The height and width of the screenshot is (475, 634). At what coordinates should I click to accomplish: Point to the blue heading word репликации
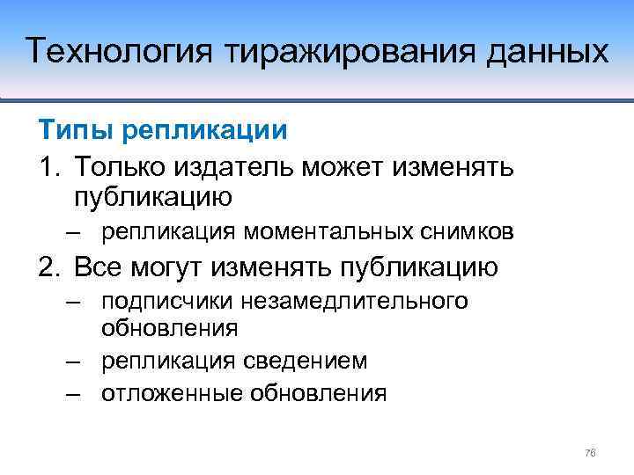coord(205,130)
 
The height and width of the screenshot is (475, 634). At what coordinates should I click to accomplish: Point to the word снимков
coord(461,232)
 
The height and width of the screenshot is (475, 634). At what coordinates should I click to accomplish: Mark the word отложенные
coord(172,392)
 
